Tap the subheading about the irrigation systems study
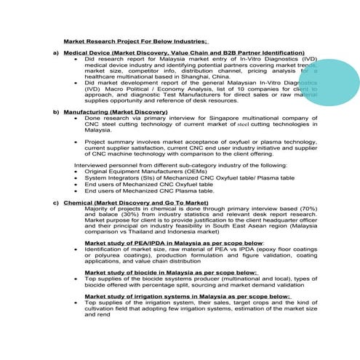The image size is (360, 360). coord(187,296)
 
